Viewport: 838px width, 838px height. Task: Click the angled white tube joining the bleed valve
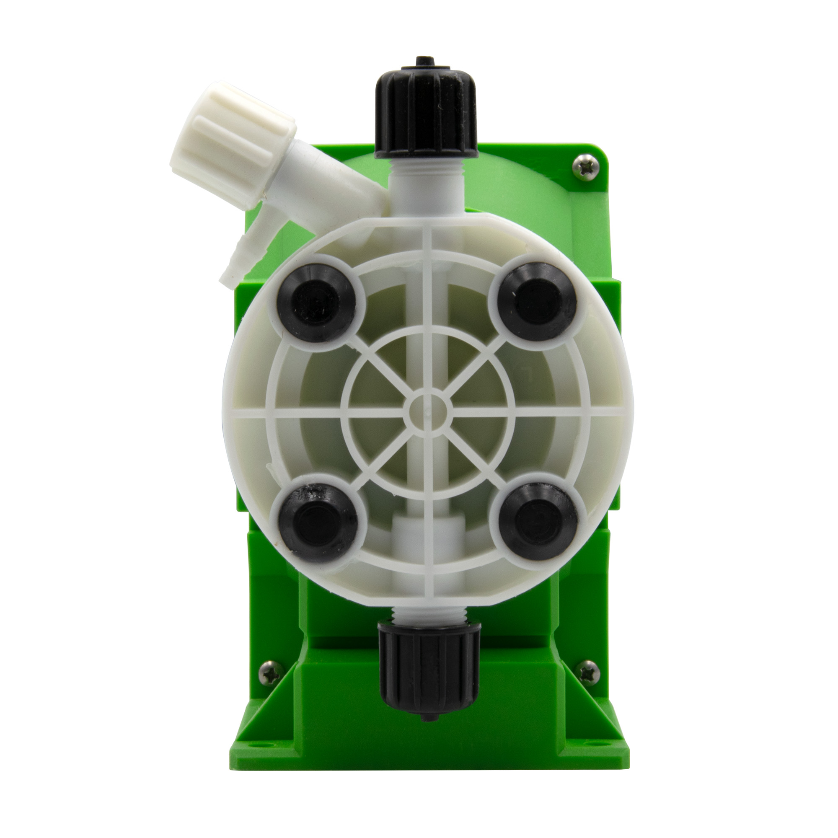(343, 186)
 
